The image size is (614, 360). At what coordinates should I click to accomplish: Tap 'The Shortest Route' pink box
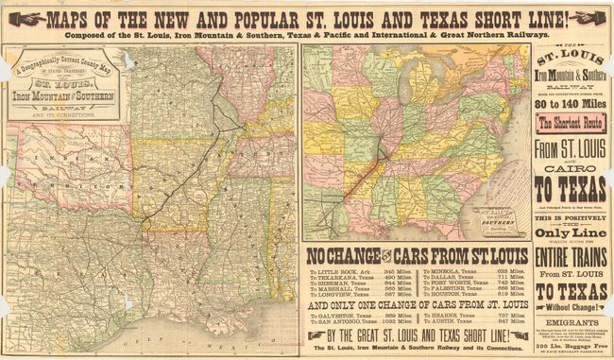click(572, 121)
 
